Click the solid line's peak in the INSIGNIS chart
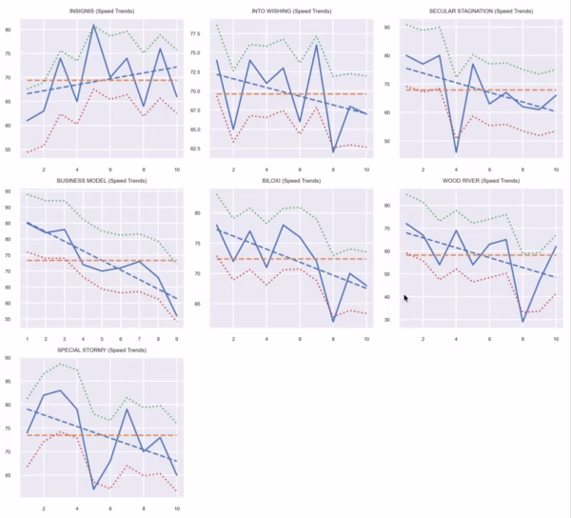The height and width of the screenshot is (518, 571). (93, 26)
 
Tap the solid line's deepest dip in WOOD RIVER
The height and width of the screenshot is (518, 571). (522, 322)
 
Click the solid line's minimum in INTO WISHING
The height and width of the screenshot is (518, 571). (334, 151)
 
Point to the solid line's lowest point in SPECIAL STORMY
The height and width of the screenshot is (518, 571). (93, 488)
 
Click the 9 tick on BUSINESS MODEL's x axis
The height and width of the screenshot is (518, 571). (177, 337)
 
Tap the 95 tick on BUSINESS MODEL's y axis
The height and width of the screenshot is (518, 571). (9, 192)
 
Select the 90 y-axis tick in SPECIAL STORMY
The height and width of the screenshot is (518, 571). (9, 359)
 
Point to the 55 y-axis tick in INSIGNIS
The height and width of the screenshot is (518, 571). (9, 149)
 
